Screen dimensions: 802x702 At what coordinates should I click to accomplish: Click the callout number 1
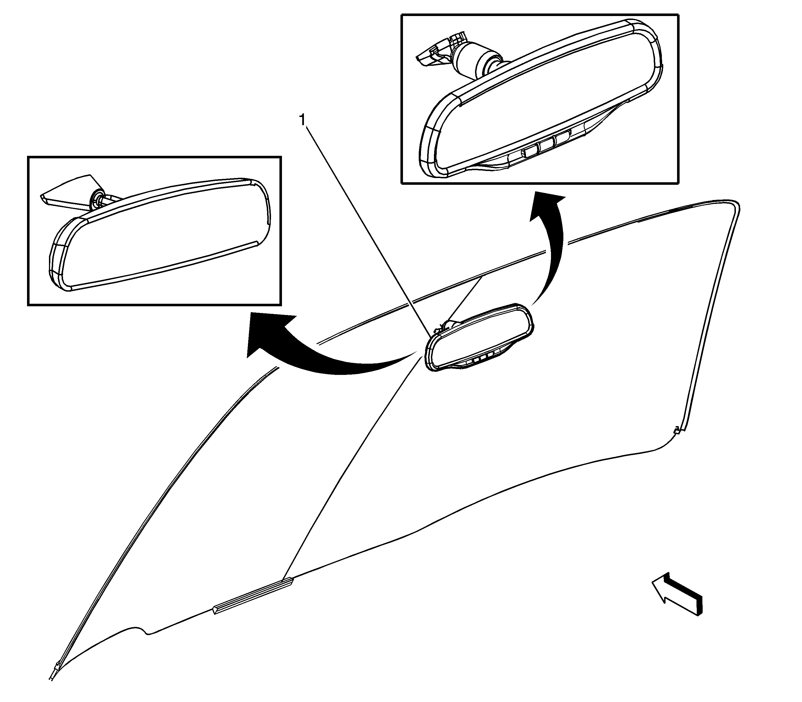tap(302, 120)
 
